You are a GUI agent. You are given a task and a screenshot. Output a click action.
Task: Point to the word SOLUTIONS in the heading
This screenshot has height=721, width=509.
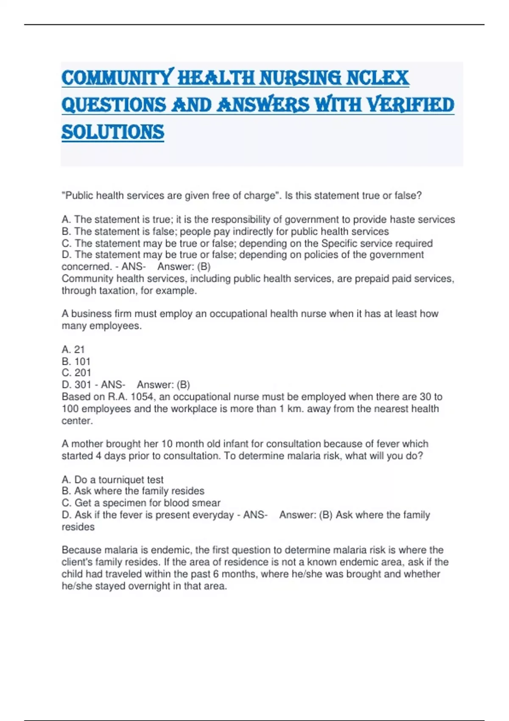coord(113,132)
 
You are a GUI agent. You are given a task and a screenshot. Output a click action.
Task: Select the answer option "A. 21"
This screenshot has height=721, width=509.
coord(73,349)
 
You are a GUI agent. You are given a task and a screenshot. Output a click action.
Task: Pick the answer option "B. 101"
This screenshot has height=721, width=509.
coord(76,361)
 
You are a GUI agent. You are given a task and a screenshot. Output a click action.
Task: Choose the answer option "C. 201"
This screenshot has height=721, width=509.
coord(76,373)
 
